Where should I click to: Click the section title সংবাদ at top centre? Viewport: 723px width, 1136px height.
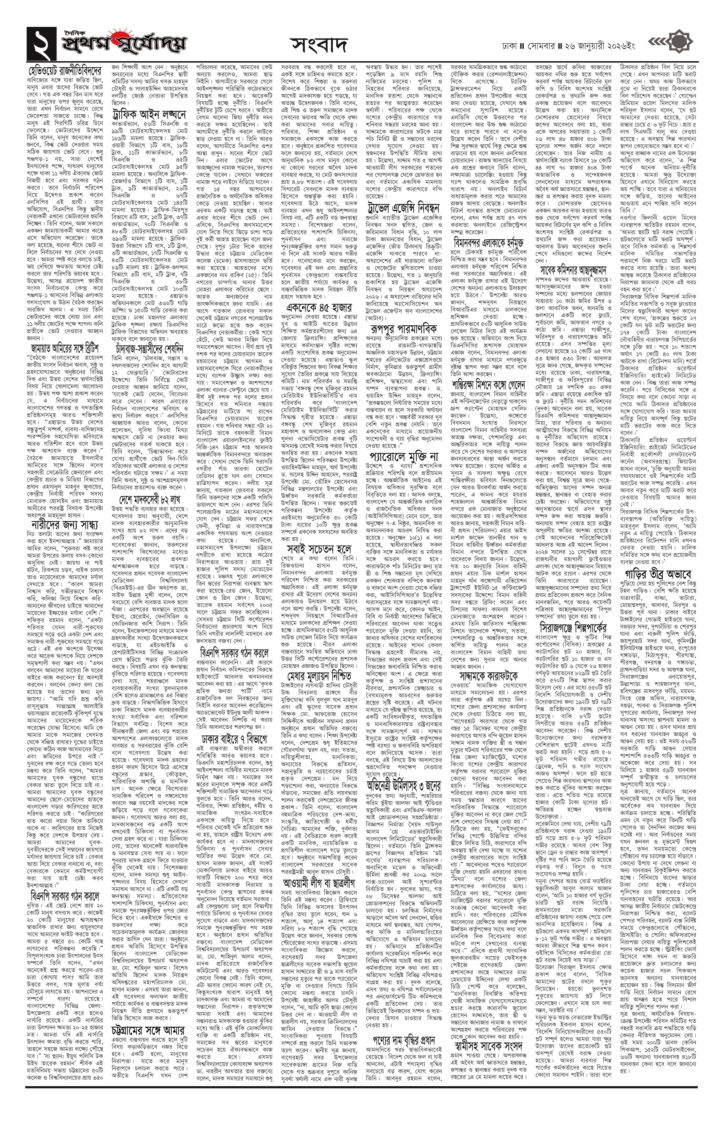[x=319, y=45]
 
